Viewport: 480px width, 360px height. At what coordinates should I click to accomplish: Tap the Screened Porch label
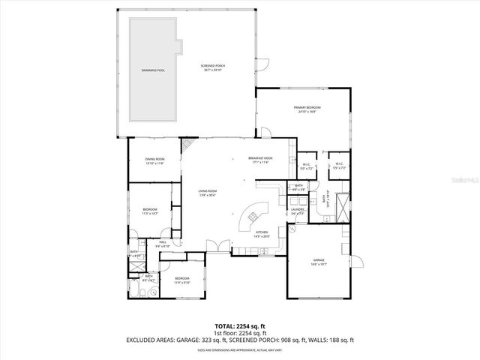pos(213,66)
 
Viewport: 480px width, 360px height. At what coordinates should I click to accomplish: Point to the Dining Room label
pos(155,159)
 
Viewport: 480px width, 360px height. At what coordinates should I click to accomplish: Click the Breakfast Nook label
pos(260,158)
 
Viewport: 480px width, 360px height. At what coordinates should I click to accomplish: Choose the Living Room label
pos(207,193)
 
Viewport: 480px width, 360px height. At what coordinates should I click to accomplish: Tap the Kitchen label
pos(262,232)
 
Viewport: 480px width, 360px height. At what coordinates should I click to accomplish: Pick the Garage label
pos(319,260)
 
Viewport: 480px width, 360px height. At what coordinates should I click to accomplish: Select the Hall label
pos(163,242)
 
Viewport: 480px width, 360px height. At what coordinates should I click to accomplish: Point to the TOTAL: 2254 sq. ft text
pos(239,327)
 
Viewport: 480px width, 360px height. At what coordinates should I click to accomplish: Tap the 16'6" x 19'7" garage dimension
pos(319,265)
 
